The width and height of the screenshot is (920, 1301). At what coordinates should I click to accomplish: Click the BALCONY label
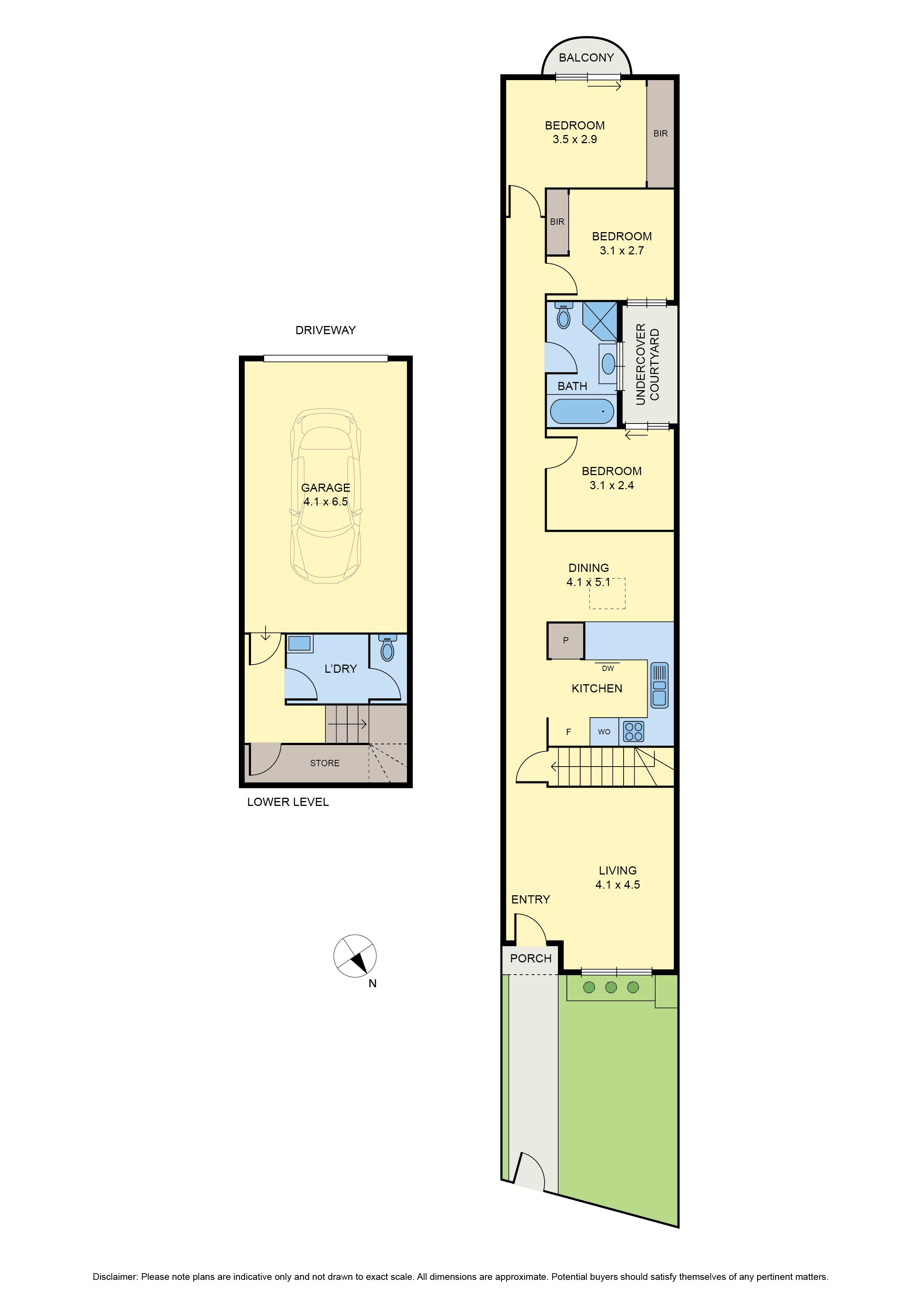pos(586,58)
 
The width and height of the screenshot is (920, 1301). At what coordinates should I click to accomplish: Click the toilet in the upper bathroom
pos(563,316)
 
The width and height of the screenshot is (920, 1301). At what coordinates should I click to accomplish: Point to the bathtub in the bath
pos(582,411)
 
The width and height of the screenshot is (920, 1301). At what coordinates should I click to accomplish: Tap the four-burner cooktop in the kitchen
pos(633,731)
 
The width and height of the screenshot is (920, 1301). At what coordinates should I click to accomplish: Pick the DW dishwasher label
pos(608,669)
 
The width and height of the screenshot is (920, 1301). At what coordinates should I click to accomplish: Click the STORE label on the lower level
pos(325,763)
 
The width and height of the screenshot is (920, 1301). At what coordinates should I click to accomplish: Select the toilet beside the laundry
pos(387,648)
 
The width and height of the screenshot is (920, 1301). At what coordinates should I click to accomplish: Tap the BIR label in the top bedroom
pos(660,134)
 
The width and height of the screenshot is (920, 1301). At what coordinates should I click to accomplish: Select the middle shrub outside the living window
pos(611,988)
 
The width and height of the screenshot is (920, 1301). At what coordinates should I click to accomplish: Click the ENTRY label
pos(530,899)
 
